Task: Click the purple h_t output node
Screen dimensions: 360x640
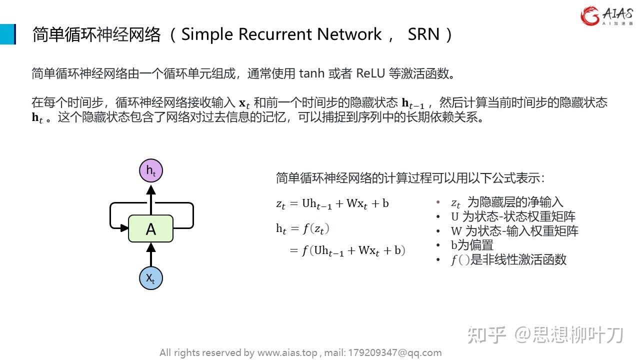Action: (x=150, y=171)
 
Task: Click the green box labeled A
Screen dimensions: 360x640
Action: (x=150, y=229)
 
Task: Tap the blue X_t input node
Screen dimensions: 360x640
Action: (x=150, y=278)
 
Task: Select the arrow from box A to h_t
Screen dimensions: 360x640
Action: (x=150, y=199)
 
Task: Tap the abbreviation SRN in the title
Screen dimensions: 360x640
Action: (x=423, y=34)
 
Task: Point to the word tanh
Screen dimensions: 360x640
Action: (x=311, y=74)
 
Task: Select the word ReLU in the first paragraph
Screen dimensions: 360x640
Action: (x=370, y=74)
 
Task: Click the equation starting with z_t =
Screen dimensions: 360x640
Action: (x=332, y=203)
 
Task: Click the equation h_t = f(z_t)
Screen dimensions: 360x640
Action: (x=302, y=229)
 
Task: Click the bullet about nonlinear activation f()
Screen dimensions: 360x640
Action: (x=508, y=259)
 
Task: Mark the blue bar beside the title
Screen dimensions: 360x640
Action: (x=7, y=34)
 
